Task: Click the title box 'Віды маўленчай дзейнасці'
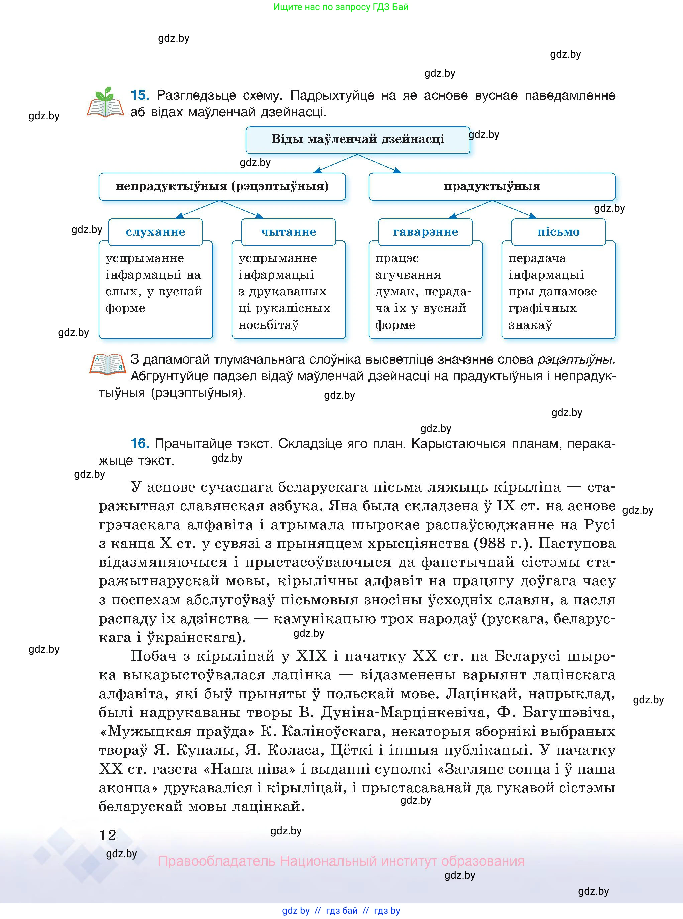(358, 139)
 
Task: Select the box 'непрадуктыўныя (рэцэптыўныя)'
(222, 186)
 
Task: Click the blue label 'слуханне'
(155, 232)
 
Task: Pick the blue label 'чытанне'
(288, 232)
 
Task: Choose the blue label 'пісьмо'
(558, 232)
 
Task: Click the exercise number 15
(140, 95)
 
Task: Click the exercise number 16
(140, 444)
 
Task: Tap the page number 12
(108, 835)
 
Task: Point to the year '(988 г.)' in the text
(503, 543)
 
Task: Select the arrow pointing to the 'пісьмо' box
(515, 209)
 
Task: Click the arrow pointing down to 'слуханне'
(196, 210)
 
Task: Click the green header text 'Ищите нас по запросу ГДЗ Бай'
(341, 7)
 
